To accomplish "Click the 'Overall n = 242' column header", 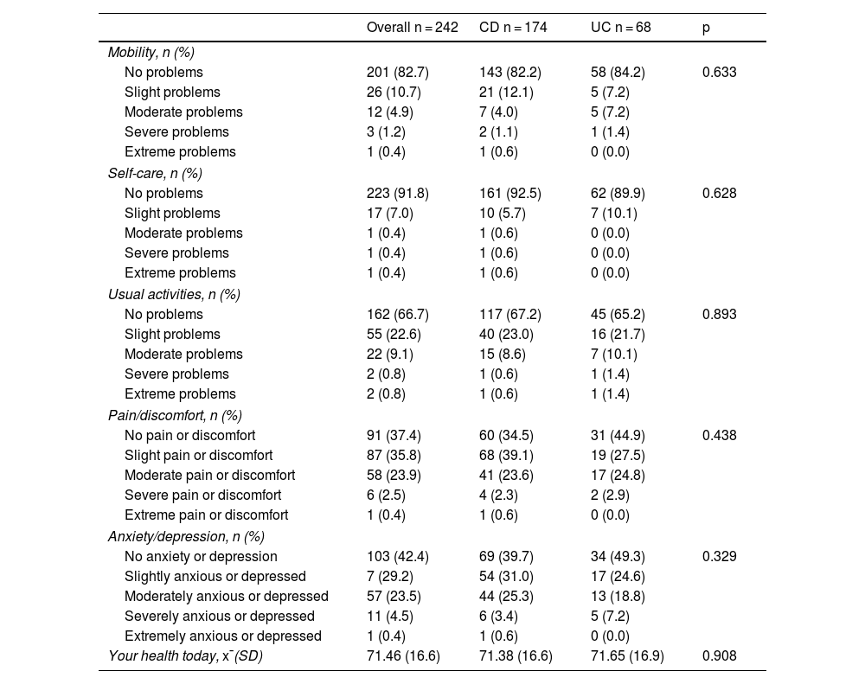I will tap(412, 28).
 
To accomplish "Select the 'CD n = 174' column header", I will tap(513, 28).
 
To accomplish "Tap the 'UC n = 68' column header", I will tap(620, 28).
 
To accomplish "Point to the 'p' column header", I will tap(707, 28).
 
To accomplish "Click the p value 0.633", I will tap(720, 72).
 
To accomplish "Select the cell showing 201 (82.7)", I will tap(399, 72).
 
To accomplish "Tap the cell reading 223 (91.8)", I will tap(399, 193).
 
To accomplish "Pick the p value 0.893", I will tap(720, 314).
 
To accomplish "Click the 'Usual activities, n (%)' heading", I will tap(174, 294).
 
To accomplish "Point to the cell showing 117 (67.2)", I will tap(511, 314).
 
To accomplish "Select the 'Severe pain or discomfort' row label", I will tap(202, 495).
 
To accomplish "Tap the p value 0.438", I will tap(720, 435).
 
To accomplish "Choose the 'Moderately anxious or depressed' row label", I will tap(227, 596).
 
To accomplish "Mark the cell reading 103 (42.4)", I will tap(399, 556).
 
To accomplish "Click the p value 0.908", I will tap(720, 656).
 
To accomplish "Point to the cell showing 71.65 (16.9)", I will tap(627, 656).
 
